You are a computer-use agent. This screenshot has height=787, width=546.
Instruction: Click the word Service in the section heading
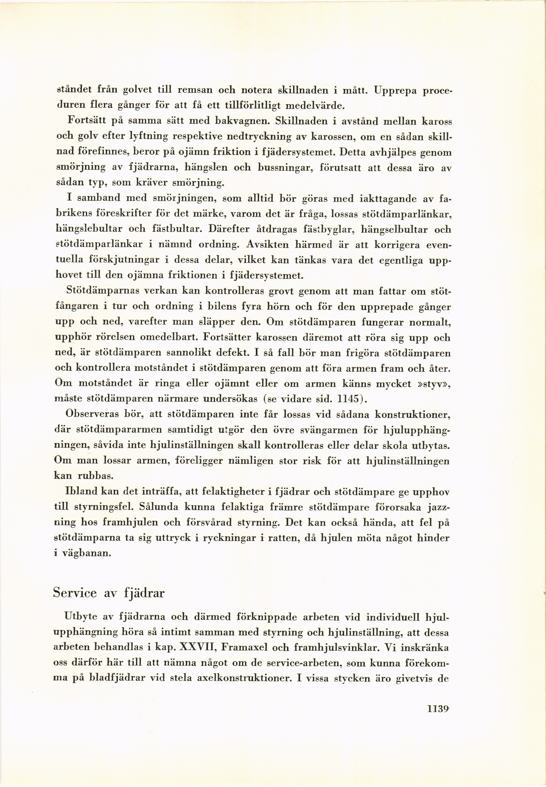coord(75,593)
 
